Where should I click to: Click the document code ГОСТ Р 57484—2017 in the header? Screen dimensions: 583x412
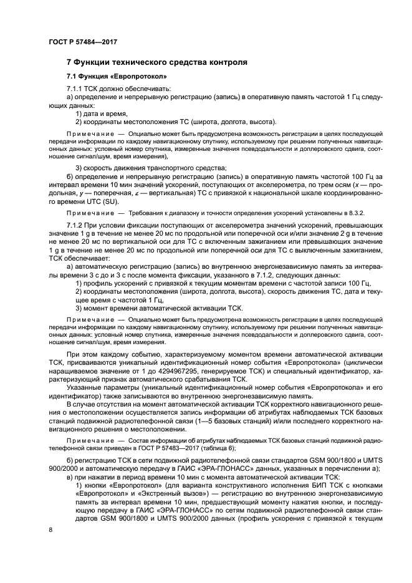pos(82,42)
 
